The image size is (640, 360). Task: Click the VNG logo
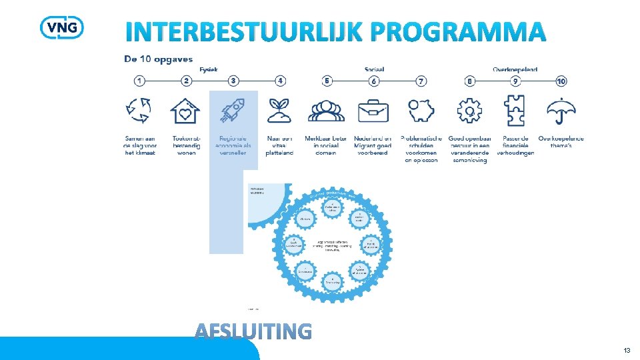tap(62, 27)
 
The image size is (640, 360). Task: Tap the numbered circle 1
tap(139, 81)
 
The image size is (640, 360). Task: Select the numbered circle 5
tap(327, 81)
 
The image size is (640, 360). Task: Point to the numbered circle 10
tap(561, 81)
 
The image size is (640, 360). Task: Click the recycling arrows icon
tap(140, 110)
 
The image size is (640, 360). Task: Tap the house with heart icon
tap(186, 111)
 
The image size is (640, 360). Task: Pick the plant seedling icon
tap(279, 110)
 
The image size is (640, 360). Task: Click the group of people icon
tap(326, 111)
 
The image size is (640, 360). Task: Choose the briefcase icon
tap(373, 111)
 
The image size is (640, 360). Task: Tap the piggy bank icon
tap(421, 111)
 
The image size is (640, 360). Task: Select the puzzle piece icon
tap(515, 111)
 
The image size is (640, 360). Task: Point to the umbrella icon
tap(561, 111)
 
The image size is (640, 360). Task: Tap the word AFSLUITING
tap(253, 331)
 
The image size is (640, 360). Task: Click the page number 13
tap(627, 351)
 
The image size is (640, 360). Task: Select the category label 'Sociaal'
tap(374, 69)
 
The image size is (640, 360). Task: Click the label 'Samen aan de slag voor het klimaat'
tap(140, 145)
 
